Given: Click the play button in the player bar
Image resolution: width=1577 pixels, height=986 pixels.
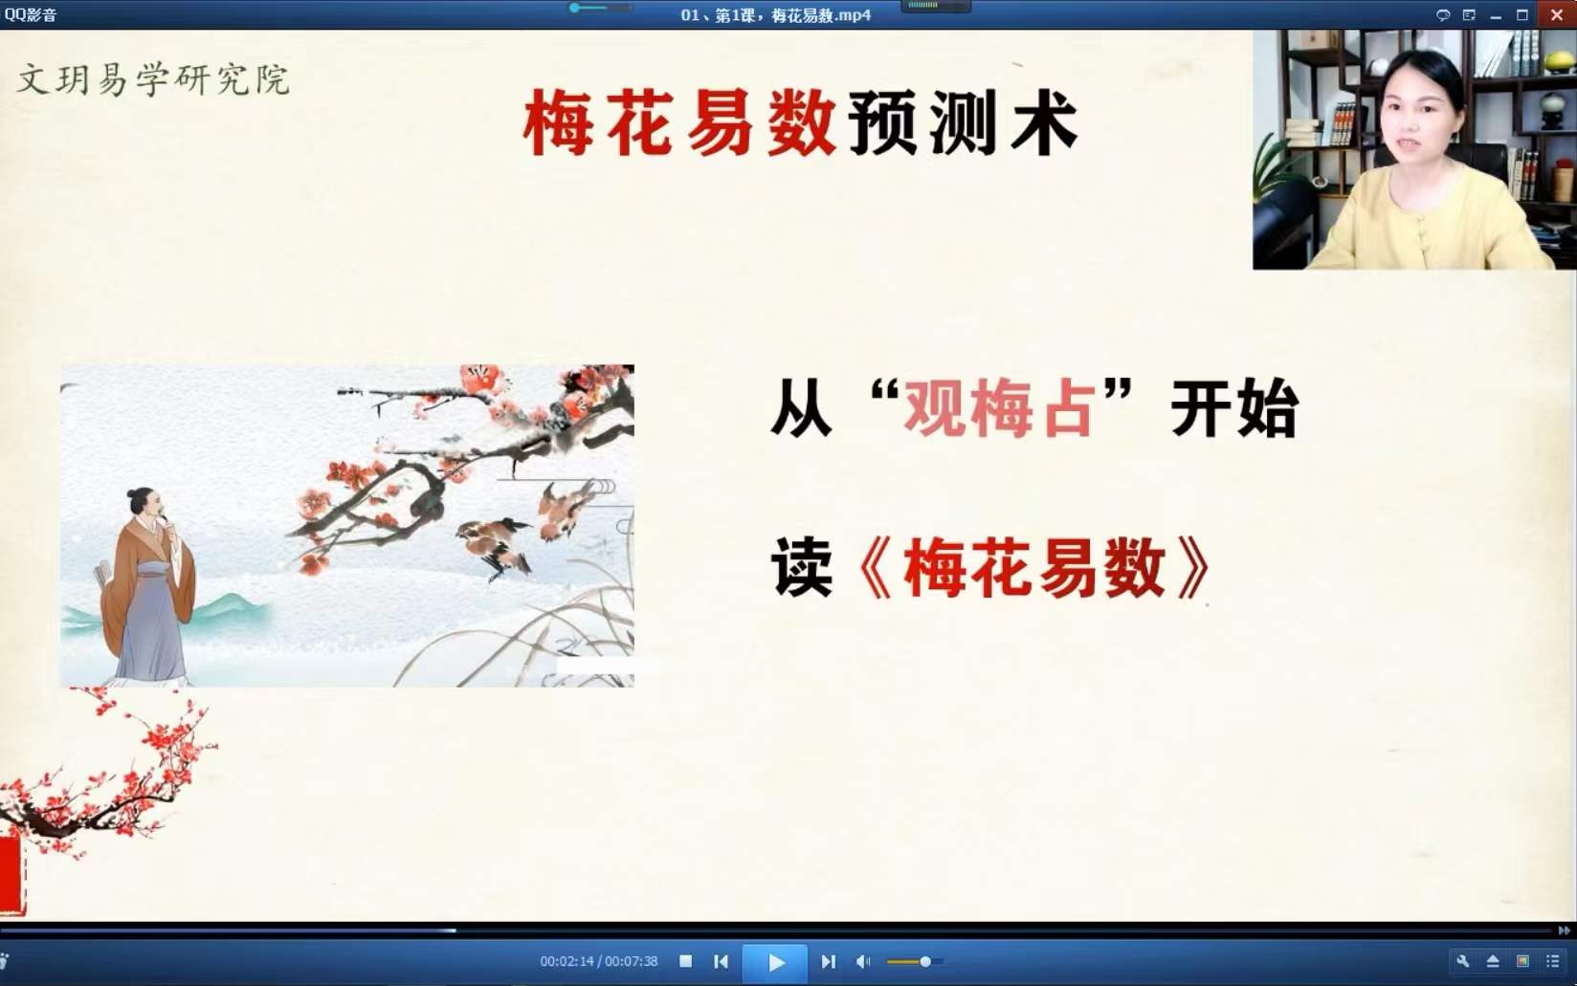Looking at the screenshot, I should coord(775,962).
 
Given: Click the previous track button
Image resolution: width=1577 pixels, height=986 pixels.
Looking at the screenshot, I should coord(722,962).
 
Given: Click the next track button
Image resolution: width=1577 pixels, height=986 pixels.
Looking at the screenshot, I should coord(828,962).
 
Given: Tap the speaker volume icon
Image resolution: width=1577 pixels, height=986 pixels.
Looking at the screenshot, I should coord(863,962).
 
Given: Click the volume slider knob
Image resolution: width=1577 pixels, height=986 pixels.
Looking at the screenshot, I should coord(925,962).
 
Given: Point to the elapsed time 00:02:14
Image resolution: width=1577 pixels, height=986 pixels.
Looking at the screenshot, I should coord(566,962).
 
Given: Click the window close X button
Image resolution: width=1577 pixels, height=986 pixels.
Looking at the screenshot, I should coord(1557,14).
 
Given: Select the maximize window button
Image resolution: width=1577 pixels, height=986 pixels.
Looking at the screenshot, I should coord(1522,15).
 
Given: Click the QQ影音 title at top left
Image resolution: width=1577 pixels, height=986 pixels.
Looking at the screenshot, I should coord(31,14).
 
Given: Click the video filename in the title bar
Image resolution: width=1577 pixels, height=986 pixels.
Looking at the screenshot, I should coord(775,15).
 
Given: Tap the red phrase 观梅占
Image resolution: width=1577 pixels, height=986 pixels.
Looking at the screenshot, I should coord(999,408).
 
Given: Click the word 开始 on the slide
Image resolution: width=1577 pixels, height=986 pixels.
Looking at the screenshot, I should coord(1233,408).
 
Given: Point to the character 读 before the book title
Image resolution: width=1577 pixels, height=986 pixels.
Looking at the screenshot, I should coord(802,567).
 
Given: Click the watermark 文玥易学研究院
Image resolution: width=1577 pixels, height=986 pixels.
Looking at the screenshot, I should coord(153,79).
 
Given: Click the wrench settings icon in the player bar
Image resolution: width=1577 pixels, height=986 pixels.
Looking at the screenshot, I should coord(1462,961).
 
